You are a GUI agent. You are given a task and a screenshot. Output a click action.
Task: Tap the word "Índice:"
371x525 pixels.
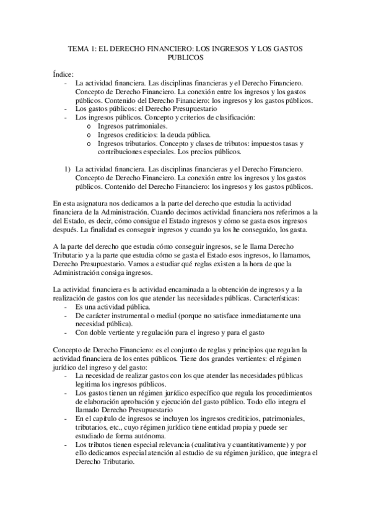pyautogui.click(x=64, y=73)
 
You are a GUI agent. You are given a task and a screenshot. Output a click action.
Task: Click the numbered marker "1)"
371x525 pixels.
pyautogui.click(x=69, y=168)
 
